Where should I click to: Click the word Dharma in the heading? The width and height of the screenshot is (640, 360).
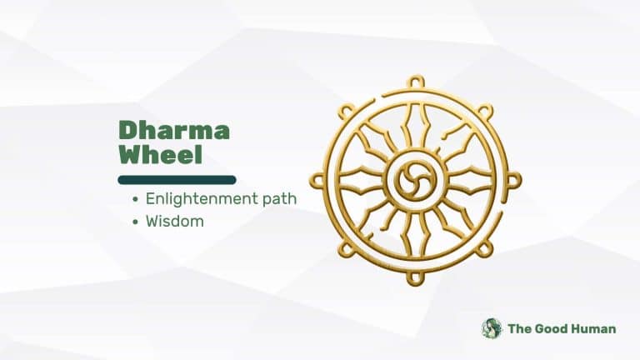173,130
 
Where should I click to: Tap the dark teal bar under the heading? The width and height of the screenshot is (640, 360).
177,179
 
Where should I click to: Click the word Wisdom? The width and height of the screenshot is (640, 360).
174,222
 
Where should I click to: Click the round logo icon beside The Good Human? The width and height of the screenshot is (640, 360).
492,328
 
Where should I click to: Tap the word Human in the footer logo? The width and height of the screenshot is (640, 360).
594,328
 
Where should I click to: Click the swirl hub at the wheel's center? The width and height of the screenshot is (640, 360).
414,180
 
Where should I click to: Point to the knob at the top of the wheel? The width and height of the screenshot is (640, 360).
414,82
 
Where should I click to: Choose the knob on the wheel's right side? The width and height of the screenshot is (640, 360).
513,180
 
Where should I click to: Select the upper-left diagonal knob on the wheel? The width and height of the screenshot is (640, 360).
345,111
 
